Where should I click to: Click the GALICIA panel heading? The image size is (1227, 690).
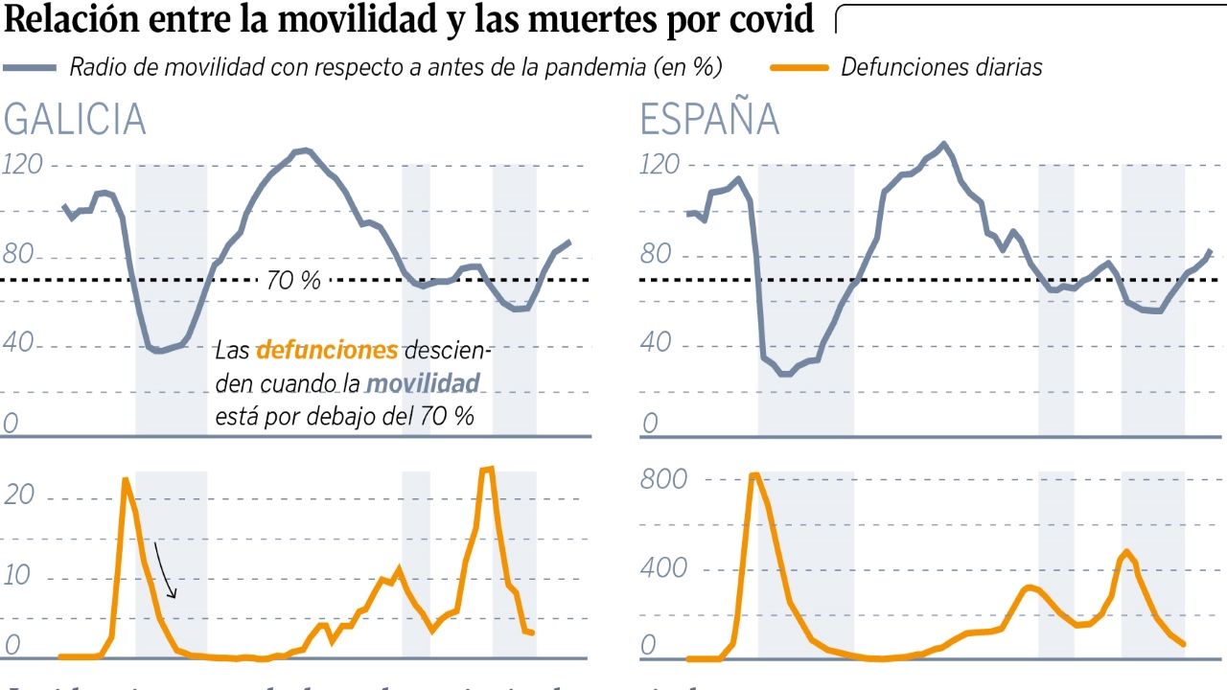[x=75, y=121]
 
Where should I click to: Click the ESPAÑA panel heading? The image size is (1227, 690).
[x=709, y=121]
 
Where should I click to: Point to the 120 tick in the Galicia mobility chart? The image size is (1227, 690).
[x=24, y=165]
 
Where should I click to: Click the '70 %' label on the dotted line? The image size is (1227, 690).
[x=293, y=281]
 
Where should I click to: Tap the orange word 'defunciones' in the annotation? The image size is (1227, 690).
[x=327, y=350]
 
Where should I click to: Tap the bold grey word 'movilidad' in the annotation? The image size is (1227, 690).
[x=423, y=384]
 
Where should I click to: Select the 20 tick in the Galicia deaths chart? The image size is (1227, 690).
[x=20, y=495]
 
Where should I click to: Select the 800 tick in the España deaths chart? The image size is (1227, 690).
[x=663, y=478]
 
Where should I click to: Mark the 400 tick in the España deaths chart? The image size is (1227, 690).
[x=663, y=568]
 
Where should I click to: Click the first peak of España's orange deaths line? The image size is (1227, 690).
[x=754, y=474]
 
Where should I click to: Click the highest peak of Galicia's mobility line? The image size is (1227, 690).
[x=305, y=150]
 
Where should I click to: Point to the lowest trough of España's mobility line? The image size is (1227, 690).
[x=785, y=373]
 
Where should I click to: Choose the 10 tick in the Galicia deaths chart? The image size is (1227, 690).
[x=20, y=576]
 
